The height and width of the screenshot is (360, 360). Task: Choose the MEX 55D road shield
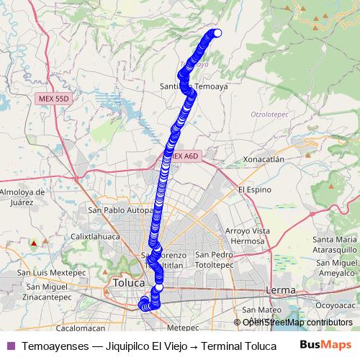tap(53, 96)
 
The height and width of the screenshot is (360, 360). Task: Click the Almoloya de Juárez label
tap(23, 197)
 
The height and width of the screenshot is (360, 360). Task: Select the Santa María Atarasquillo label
tap(336, 244)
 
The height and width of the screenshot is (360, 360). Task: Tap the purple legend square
tap(10, 346)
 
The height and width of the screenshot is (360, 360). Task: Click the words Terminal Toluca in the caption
tap(234, 346)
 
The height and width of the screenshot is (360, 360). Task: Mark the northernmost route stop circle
tap(217, 32)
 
